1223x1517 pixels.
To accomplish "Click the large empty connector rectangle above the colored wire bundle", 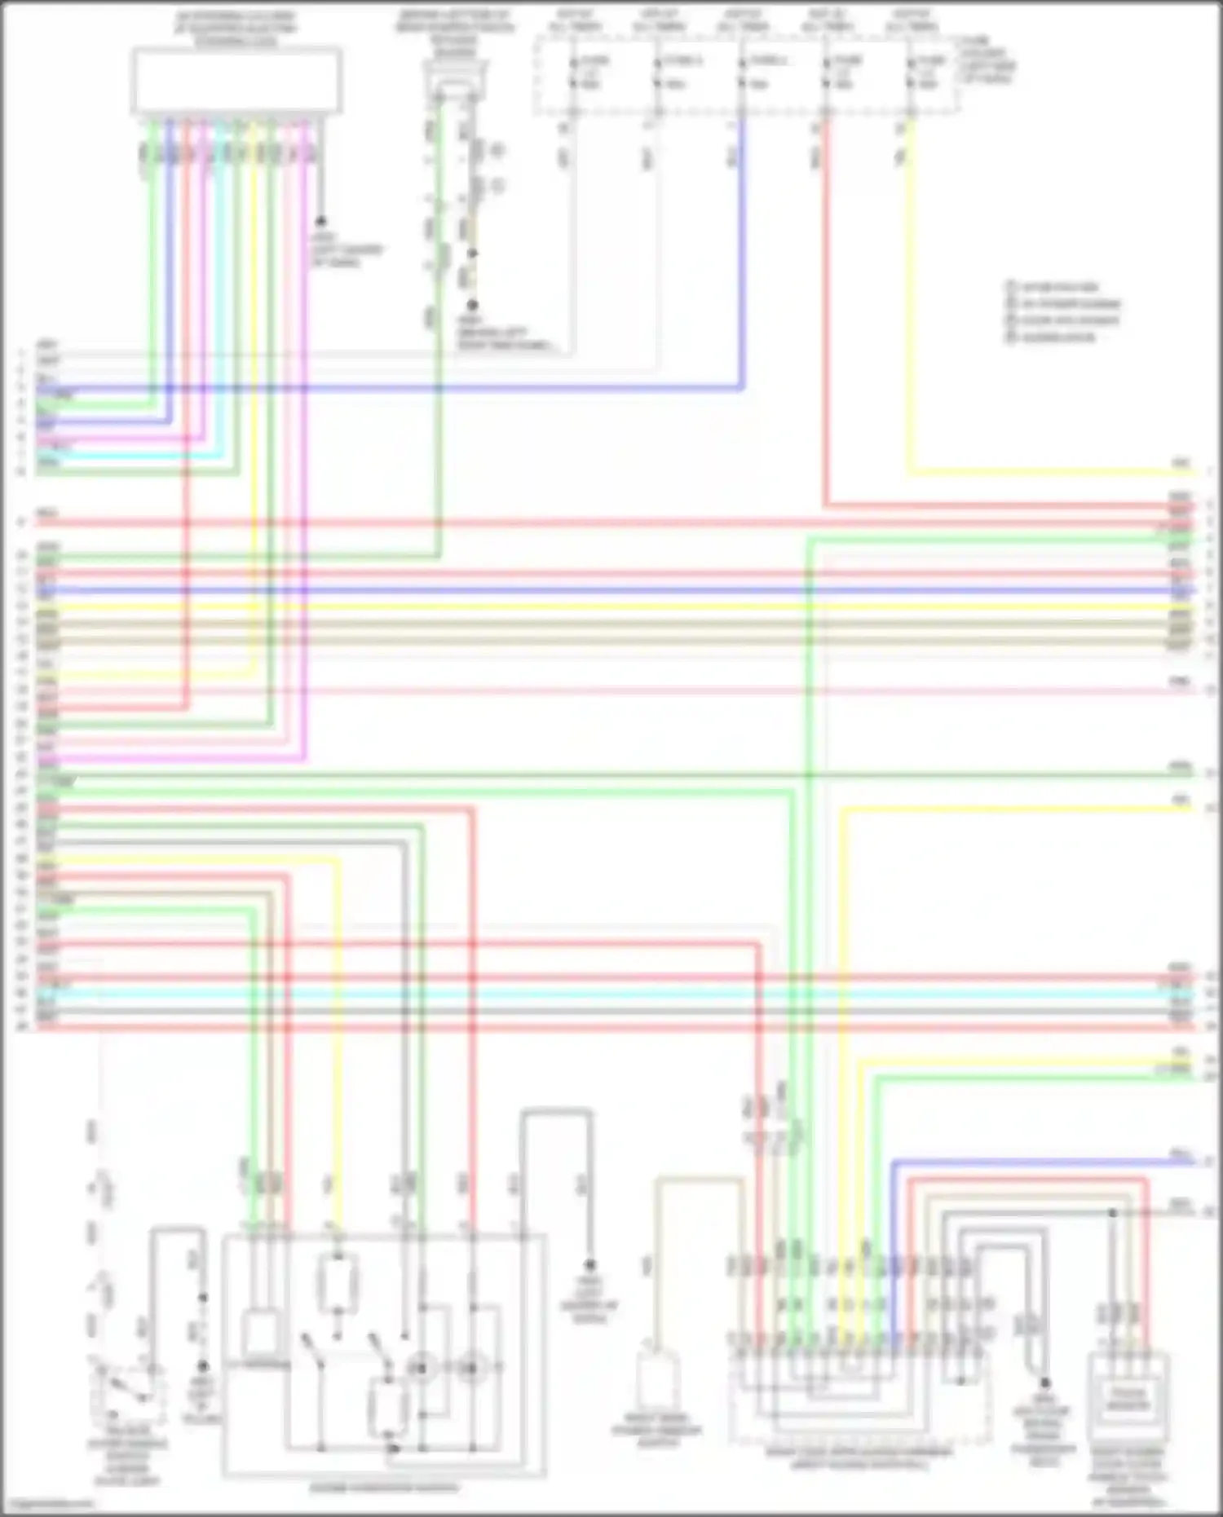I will (x=236, y=80).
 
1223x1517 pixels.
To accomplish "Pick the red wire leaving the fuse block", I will (x=825, y=326).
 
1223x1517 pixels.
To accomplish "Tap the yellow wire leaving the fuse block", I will (x=909, y=326).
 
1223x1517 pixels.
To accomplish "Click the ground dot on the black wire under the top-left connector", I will (x=320, y=221).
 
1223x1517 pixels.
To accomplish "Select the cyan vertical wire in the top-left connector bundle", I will (x=219, y=285).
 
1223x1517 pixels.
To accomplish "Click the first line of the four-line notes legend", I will (x=1060, y=287).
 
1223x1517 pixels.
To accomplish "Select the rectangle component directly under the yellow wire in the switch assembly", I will (x=335, y=1285).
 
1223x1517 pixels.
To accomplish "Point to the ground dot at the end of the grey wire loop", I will (x=589, y=1265).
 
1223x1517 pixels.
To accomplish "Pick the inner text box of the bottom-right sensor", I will (x=1127, y=1399).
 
